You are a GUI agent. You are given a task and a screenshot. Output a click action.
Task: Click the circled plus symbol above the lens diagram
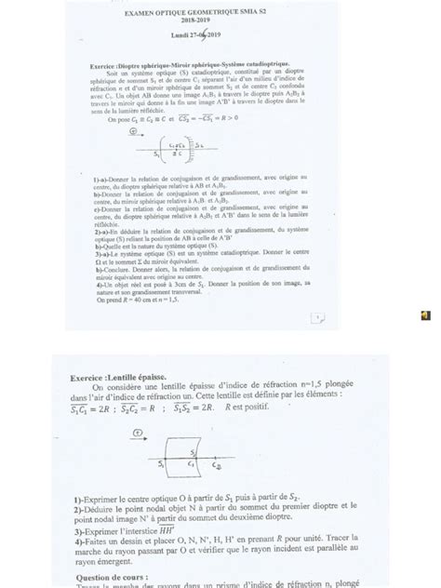click(137, 432)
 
